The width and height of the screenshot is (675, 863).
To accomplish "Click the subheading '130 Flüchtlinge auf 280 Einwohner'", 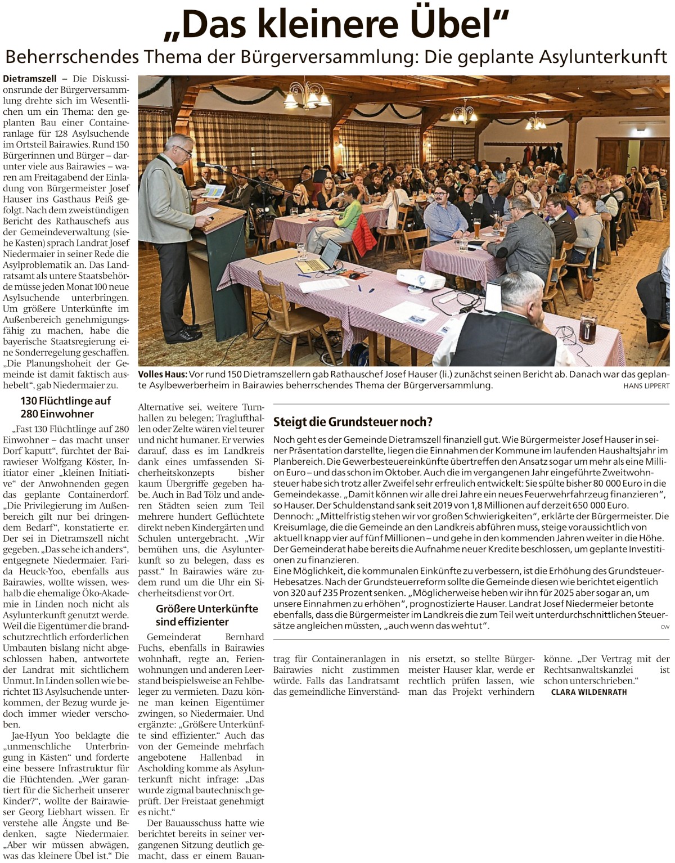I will point(66,407).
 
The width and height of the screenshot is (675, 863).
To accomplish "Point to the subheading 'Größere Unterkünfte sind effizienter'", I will point(207,615).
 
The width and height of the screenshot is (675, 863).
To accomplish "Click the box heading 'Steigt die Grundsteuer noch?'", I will point(353,422).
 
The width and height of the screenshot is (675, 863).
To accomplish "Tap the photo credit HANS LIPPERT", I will point(646,386).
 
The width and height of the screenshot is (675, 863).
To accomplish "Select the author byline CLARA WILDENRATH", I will point(589,692).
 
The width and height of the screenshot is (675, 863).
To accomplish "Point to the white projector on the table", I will point(420,278).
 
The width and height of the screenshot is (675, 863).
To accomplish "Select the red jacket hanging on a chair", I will point(364,234).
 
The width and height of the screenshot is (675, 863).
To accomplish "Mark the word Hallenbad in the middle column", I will point(220,757).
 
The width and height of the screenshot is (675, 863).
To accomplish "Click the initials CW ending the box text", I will point(665,627).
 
